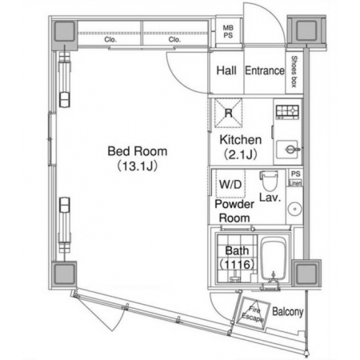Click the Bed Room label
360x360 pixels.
click(138, 151)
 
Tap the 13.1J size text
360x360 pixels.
click(138, 166)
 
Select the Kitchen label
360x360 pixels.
click(241, 140)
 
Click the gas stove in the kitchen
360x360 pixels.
click(287, 112)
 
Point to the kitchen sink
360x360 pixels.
click(288, 150)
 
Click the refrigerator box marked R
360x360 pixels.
click(228, 113)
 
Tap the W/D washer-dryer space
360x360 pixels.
click(230, 184)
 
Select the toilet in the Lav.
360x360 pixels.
click(269, 181)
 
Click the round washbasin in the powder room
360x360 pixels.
click(294, 209)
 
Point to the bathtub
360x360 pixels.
click(273, 258)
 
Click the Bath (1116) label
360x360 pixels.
click(237, 258)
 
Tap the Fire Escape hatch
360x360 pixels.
click(253, 313)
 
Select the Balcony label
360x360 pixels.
click(288, 312)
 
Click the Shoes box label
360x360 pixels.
click(294, 71)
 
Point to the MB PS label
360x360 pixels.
click(228, 31)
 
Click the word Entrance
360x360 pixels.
click(265, 70)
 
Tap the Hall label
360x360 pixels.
click(226, 70)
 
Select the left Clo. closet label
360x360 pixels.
click(110, 40)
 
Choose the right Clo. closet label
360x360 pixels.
click(174, 40)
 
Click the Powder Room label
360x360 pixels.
click(234, 211)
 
